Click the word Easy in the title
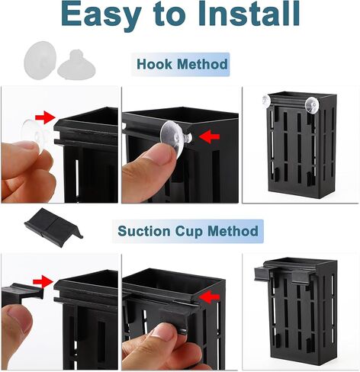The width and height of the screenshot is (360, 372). tap(102, 15)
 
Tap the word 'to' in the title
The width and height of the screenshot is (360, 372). tap(169, 15)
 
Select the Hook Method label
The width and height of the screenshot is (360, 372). tap(182, 65)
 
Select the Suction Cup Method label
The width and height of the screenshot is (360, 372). tap(188, 230)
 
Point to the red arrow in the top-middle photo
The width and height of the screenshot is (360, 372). tap(210, 136)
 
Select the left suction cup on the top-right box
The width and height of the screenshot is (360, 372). tap(265, 100)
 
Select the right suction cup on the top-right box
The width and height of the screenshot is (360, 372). tap(312, 102)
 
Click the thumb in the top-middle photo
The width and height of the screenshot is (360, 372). tap(153, 164)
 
